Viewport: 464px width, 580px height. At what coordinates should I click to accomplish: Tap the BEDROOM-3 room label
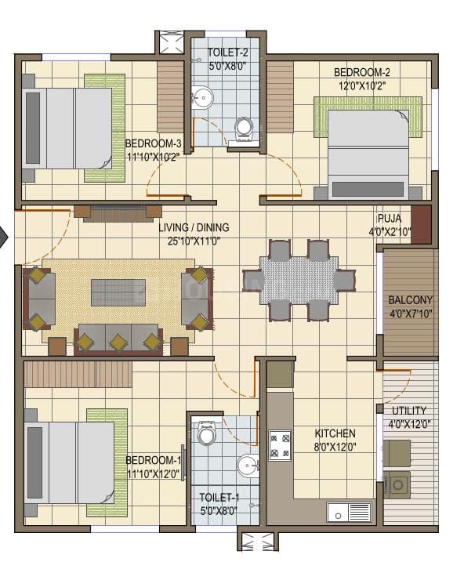tap(154, 144)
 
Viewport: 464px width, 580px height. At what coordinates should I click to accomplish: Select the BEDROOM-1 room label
tap(154, 461)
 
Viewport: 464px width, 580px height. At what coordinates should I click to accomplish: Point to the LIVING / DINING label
tap(194, 228)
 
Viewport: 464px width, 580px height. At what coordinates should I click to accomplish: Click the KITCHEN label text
tap(335, 433)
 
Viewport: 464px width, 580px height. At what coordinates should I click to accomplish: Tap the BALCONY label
tap(410, 300)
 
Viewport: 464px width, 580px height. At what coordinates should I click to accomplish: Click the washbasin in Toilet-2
tap(202, 98)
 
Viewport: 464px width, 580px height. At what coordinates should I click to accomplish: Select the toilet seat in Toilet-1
tap(207, 432)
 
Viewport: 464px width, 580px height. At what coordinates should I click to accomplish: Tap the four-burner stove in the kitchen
tap(280, 445)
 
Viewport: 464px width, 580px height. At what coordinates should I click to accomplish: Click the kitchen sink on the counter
tap(349, 513)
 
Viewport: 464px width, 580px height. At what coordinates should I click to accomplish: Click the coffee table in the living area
tap(118, 292)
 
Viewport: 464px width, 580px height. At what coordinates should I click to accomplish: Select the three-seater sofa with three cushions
tap(118, 339)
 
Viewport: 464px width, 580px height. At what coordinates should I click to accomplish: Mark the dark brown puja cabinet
tap(421, 224)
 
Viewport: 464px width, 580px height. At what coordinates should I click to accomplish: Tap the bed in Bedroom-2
tap(367, 153)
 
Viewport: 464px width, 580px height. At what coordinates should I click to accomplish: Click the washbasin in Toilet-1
tap(248, 466)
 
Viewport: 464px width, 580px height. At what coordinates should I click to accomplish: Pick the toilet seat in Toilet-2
tap(244, 128)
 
